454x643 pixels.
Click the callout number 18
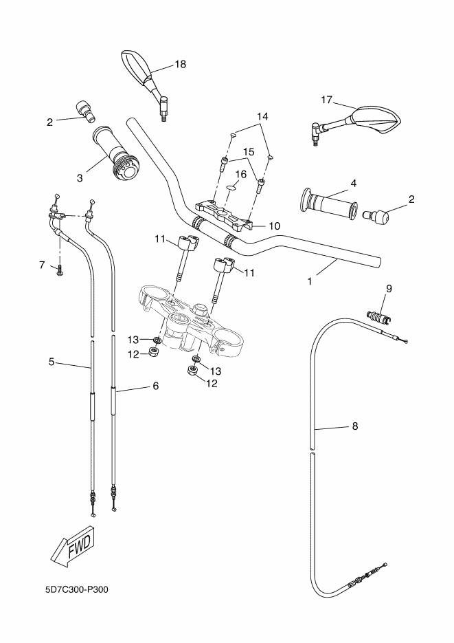(x=180, y=64)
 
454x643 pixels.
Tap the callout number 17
(x=326, y=100)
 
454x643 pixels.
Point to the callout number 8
(x=354, y=426)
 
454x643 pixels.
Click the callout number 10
(x=274, y=226)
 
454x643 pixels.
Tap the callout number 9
(x=389, y=289)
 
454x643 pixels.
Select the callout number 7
(x=42, y=264)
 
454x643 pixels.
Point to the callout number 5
(x=52, y=361)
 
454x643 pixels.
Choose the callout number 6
(x=155, y=386)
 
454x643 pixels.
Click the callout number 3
(x=80, y=177)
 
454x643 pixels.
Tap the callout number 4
(x=353, y=183)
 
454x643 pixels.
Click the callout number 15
(x=249, y=151)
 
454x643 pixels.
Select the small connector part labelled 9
(x=378, y=318)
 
